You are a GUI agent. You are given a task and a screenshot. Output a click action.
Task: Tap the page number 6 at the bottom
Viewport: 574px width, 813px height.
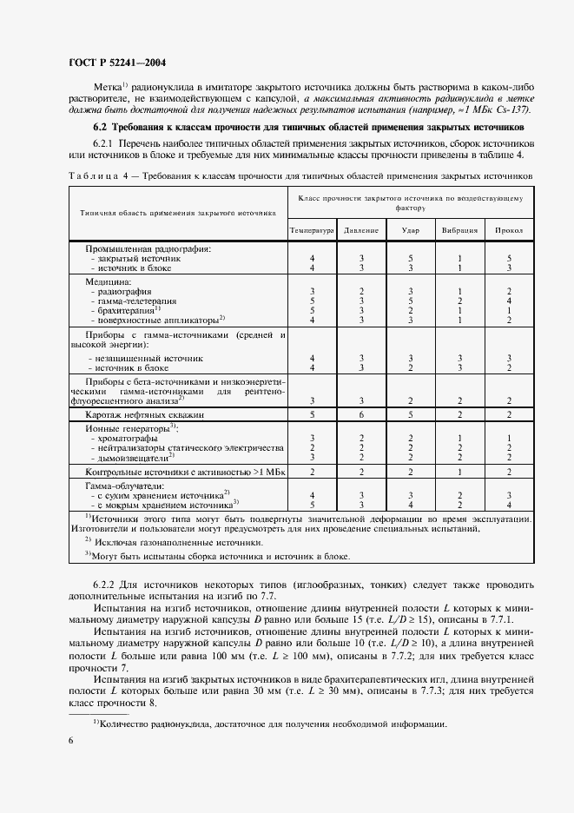[70, 739]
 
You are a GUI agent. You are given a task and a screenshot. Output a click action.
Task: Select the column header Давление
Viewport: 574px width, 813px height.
[360, 230]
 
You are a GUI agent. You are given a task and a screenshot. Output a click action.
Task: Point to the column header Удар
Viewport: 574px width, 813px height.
[410, 230]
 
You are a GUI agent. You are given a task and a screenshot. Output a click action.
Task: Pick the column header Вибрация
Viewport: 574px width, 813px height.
[460, 230]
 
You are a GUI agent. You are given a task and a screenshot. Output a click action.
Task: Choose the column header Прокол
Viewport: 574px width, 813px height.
[509, 230]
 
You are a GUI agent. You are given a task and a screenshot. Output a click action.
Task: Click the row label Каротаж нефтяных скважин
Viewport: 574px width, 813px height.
[144, 416]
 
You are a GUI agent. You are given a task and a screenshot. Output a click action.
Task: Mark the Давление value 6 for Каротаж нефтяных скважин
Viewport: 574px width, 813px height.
[360, 416]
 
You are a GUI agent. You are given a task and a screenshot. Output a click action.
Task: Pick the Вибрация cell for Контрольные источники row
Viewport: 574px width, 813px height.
[460, 471]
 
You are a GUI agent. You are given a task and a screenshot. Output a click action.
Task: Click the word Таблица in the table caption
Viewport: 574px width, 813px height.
[89, 175]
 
